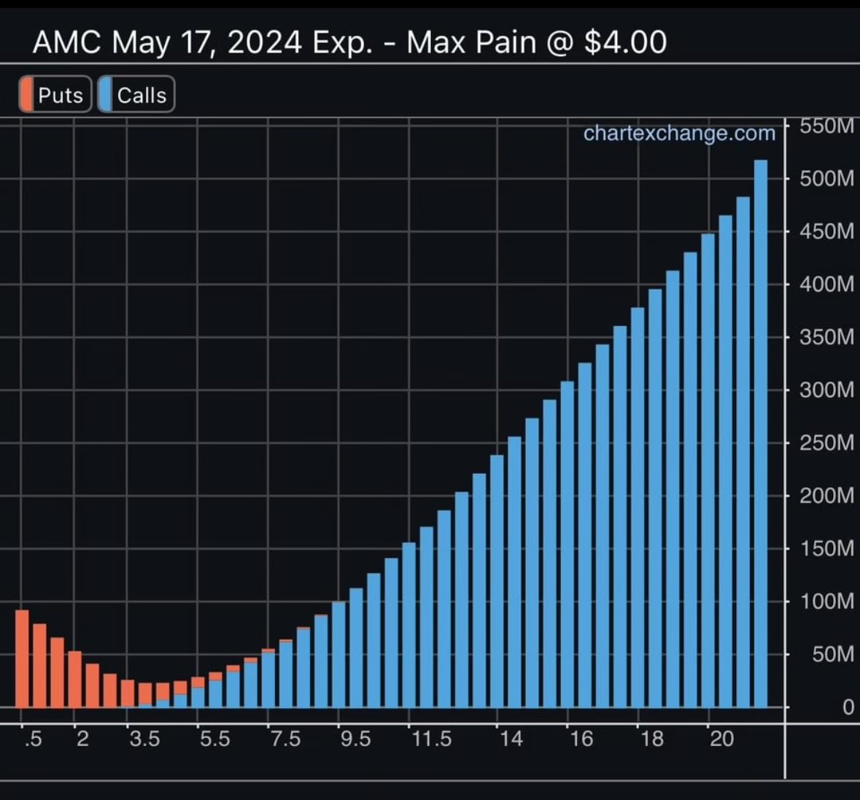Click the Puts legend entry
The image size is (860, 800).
tap(55, 95)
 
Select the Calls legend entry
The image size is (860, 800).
tap(136, 95)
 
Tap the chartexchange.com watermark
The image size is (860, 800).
tap(679, 133)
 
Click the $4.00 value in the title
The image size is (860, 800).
tap(625, 42)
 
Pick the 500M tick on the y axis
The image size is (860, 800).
tap(826, 179)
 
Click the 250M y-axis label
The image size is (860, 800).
tap(826, 443)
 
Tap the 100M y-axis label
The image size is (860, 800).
tap(826, 602)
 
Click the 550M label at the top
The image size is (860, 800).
tap(826, 126)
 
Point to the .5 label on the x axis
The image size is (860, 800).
tap(33, 739)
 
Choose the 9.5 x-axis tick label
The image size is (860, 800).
tap(355, 739)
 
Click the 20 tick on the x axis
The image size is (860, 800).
tap(721, 739)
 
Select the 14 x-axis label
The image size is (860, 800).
tap(511, 739)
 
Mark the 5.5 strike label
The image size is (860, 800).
tap(214, 739)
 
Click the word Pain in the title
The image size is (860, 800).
tap(505, 42)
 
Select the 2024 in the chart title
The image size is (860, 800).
tap(264, 42)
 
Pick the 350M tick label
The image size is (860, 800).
tap(826, 338)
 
